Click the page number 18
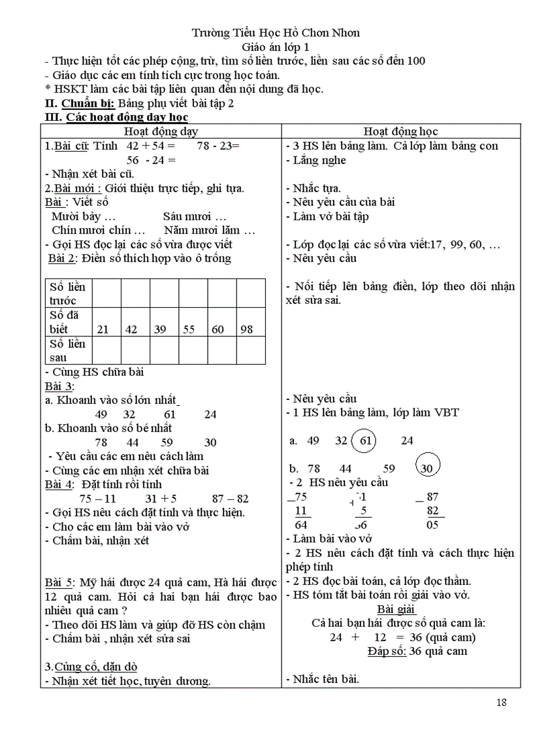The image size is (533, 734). pos(501,703)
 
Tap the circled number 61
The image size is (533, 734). pos(366,441)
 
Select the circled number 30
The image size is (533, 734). pos(427,468)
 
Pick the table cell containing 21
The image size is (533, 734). pos(103,329)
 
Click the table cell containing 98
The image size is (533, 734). pos(246,329)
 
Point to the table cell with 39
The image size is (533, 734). pos(160,329)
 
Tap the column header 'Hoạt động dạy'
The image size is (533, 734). pos(161,131)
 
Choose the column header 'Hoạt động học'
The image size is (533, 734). pos(400,131)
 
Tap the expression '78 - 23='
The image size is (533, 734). pos(219,146)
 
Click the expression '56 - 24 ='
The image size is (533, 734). pos(152,160)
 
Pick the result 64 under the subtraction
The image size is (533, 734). pos(301,524)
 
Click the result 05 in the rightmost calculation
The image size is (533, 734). pos(432,524)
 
